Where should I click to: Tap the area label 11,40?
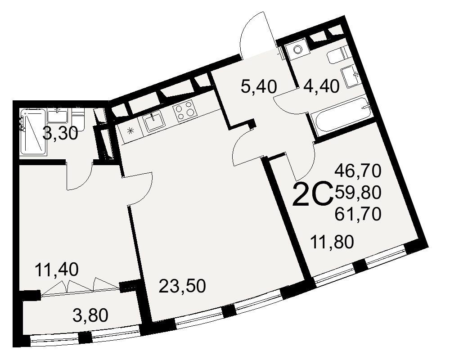[57, 270]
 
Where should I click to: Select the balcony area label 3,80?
[90, 315]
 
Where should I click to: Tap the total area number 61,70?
[358, 213]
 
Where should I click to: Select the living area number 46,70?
[358, 171]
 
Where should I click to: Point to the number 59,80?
[358, 192]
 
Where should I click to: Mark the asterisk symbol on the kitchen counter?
[130, 131]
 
